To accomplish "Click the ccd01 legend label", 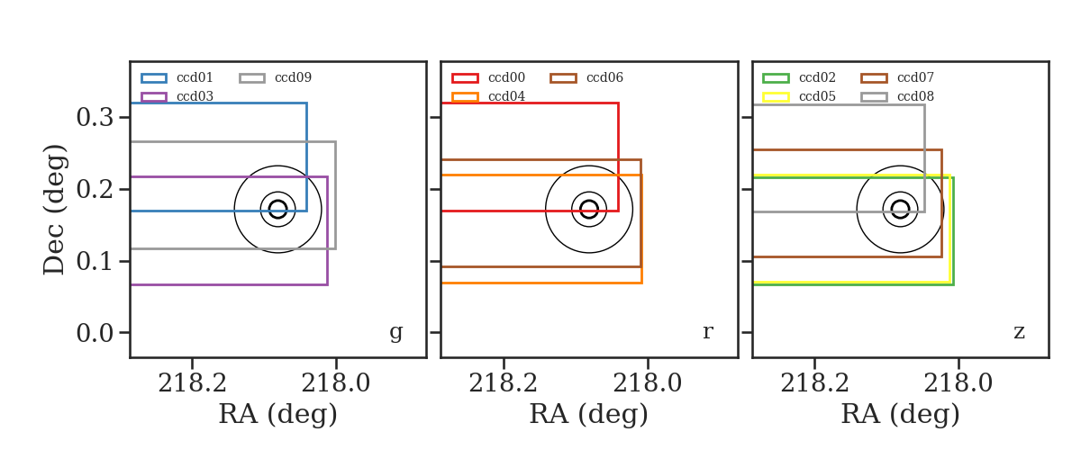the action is click(x=195, y=77).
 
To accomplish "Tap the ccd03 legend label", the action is click(x=195, y=96).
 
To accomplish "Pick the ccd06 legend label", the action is click(x=604, y=77).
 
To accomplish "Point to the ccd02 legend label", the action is click(x=817, y=77).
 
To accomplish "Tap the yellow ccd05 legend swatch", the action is click(x=776, y=97).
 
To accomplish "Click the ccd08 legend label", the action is click(x=915, y=96).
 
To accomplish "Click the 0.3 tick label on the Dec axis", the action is click(x=95, y=117).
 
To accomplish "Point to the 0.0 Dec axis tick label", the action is click(x=95, y=333).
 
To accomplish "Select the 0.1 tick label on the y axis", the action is click(x=95, y=261).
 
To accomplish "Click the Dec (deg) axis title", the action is click(x=53, y=210).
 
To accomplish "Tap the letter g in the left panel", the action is click(x=396, y=332).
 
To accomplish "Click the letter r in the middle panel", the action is click(x=707, y=332).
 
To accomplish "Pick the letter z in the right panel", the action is click(x=1019, y=332).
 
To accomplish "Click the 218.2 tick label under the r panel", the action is click(x=503, y=383).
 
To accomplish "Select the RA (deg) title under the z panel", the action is click(x=900, y=414).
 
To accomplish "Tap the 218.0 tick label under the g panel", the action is click(x=335, y=383).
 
